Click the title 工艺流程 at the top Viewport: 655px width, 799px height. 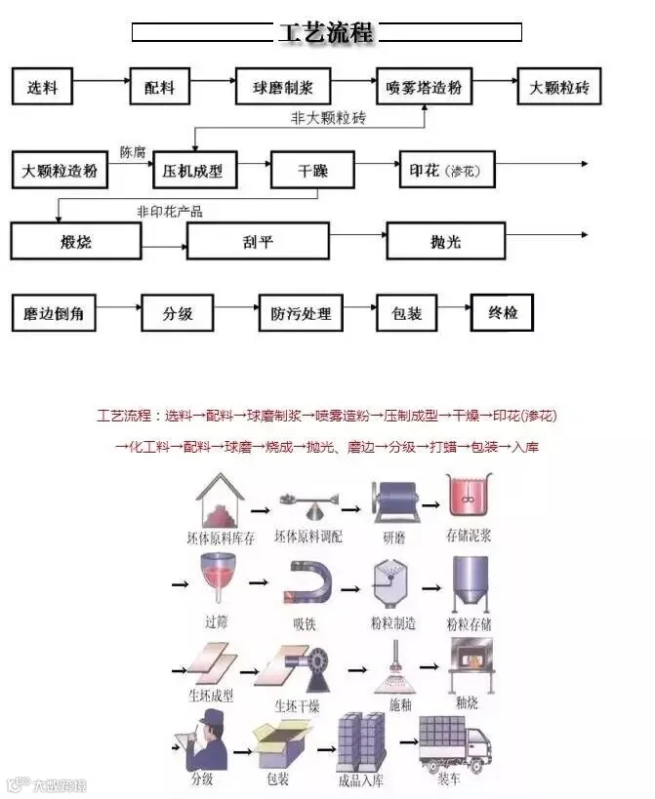coord(326,32)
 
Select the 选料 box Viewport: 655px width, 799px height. coord(43,87)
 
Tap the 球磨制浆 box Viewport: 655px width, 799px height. coord(283,87)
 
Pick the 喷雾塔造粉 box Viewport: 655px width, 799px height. coord(424,87)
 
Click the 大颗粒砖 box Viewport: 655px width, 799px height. coord(559,87)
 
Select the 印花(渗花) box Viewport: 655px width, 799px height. coord(446,170)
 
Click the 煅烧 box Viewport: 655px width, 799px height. coord(75,240)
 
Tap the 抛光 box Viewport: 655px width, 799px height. coord(445,240)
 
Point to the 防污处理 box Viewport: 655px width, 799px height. coord(301,313)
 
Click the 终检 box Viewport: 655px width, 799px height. coord(503,313)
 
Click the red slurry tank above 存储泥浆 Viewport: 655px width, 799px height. coord(468,498)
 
